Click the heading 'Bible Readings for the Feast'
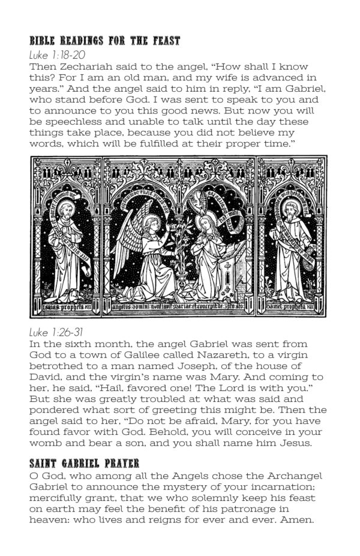pos(105,42)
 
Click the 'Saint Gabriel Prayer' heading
pos(83,464)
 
